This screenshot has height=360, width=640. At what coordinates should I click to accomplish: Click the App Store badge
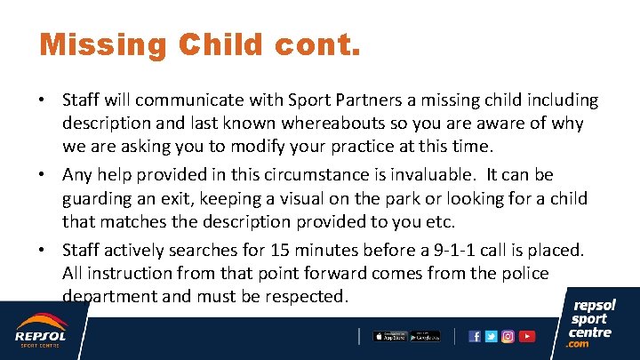click(388, 336)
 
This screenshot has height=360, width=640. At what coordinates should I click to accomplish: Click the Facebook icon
click(475, 336)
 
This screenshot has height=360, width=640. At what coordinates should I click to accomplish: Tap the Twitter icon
click(492, 336)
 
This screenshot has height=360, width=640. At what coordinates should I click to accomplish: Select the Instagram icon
click(508, 336)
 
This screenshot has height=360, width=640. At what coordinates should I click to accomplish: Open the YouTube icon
click(527, 336)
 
